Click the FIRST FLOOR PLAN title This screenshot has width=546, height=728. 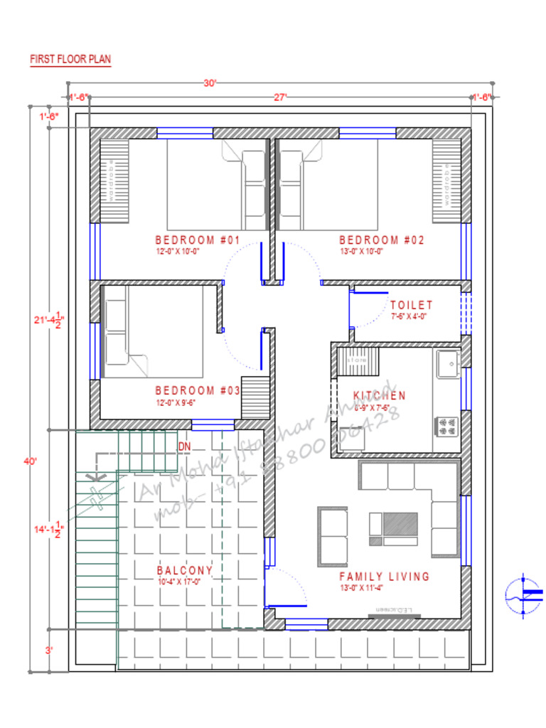coord(70,60)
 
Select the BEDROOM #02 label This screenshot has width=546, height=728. coord(382,240)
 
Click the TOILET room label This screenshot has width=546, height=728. coord(411,305)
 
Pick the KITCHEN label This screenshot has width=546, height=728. coord(380,396)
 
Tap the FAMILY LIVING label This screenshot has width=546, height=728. coord(384,577)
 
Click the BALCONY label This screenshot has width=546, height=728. coord(185,571)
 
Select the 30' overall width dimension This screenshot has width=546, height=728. coord(210,83)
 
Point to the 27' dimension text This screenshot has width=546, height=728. coord(279,97)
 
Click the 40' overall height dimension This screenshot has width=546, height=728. coord(30,461)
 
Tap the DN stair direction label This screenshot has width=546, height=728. coord(185,446)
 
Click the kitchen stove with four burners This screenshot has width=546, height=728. coord(447,426)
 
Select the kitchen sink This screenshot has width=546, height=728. coord(448,364)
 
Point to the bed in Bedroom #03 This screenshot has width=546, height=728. coord(154,331)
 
